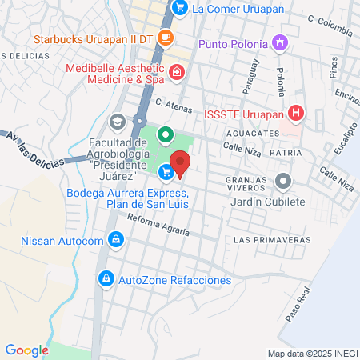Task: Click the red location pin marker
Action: coord(181,164)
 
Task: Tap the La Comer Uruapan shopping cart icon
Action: coord(181,9)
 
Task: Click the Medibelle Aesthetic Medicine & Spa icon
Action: coord(177,74)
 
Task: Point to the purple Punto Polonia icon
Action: coord(279,42)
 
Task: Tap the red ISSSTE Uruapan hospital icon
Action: coord(296,113)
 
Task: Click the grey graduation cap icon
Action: coord(117,122)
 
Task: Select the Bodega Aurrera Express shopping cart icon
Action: coord(166,171)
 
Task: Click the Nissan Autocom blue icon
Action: coord(116,239)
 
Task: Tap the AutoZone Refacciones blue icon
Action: coord(105,279)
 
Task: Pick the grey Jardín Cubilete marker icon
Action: coord(282,182)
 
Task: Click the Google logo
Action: coord(26,350)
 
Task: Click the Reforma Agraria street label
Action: coord(158,226)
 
